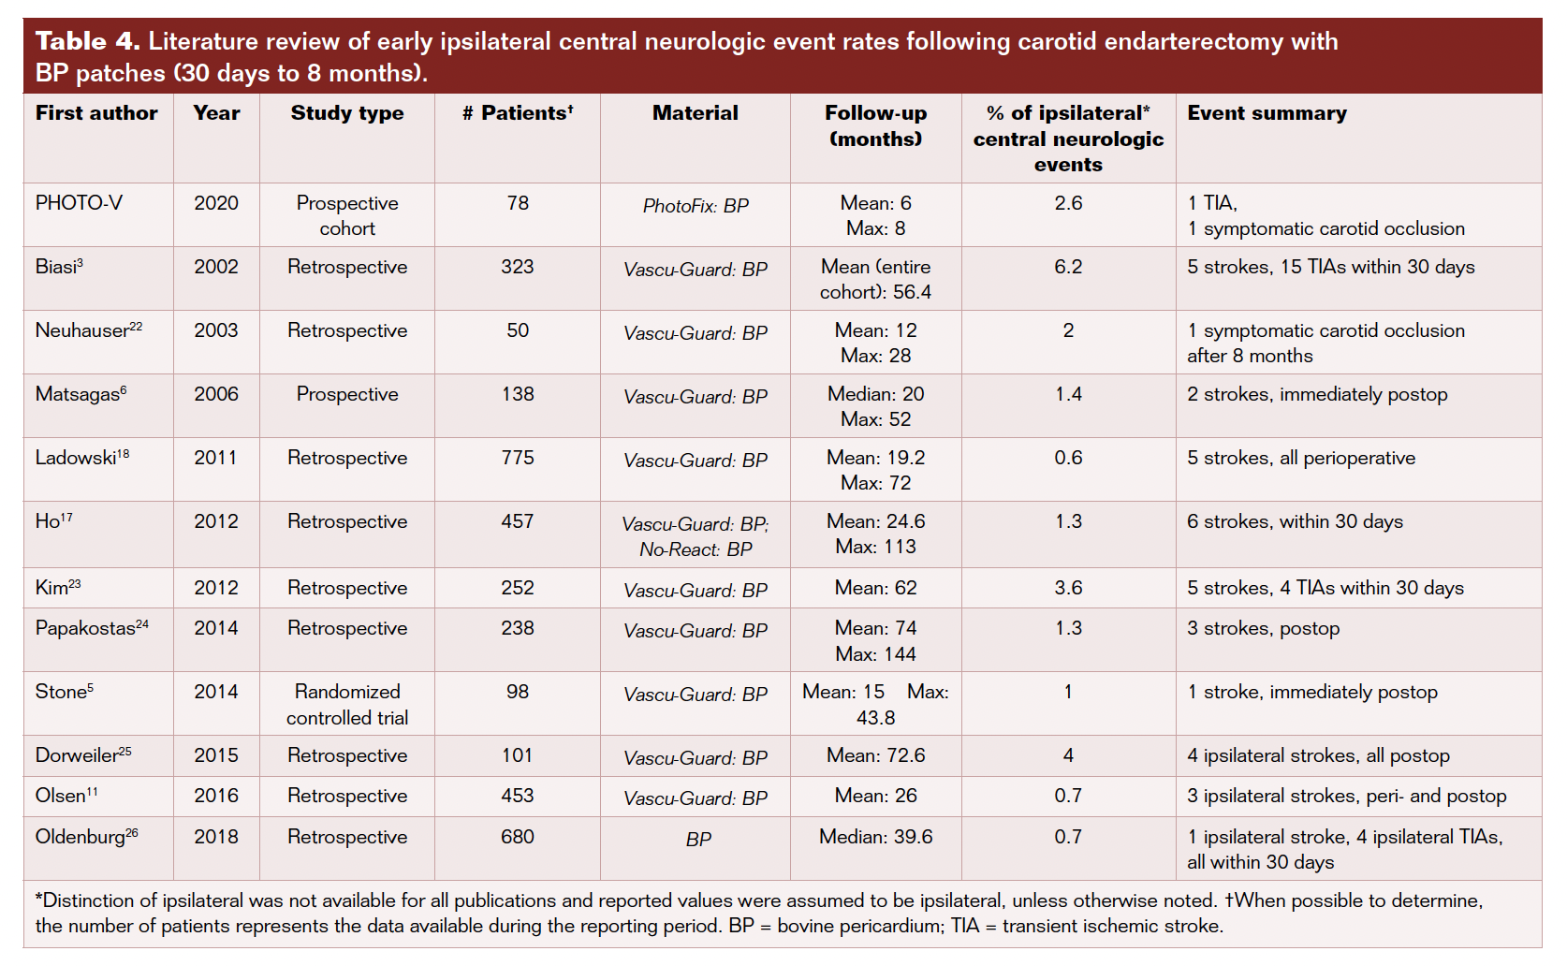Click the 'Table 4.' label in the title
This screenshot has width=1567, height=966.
[x=87, y=41]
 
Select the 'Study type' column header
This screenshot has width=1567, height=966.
[x=347, y=113]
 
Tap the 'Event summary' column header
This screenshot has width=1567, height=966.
[x=1267, y=113]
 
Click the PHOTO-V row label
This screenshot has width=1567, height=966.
[x=79, y=203]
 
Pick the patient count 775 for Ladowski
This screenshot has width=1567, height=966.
[x=518, y=458]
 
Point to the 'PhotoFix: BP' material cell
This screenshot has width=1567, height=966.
[x=696, y=206]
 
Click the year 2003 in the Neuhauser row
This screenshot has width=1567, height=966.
[x=216, y=330]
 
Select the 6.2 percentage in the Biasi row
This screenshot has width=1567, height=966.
[x=1068, y=267]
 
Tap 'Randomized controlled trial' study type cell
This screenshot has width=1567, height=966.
[x=347, y=705]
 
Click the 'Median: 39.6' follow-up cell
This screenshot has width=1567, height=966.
[x=875, y=837]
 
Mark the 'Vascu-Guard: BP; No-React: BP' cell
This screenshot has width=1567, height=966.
[x=696, y=536]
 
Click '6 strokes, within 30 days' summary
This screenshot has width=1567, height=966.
[x=1295, y=521]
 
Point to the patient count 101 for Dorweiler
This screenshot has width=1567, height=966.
[x=518, y=755]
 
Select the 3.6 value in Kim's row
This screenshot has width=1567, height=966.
[x=1068, y=588]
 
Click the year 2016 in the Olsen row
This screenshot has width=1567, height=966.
[x=216, y=796]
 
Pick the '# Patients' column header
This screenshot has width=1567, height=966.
[x=518, y=113]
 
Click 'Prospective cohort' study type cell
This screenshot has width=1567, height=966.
[x=347, y=215]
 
